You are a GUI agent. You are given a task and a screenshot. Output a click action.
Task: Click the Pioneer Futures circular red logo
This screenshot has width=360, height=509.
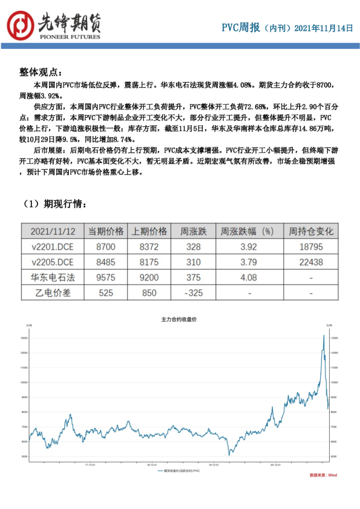21,24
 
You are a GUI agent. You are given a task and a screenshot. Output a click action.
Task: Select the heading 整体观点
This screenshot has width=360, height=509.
40,72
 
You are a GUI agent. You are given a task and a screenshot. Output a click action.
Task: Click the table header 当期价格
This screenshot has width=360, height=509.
106,232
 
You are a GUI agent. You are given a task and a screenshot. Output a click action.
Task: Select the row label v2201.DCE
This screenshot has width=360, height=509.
51,247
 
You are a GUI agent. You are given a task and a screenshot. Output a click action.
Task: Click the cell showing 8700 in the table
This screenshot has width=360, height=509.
106,247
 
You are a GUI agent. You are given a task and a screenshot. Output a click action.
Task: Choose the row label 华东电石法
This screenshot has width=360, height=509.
51,277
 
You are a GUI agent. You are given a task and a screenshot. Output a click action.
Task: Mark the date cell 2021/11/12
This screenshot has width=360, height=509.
51,232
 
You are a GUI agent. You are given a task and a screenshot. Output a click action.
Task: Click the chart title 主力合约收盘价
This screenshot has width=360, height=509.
180,319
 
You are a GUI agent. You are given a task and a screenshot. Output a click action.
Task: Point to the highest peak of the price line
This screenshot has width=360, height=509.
324,335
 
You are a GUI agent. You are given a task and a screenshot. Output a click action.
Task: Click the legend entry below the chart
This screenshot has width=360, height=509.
180,470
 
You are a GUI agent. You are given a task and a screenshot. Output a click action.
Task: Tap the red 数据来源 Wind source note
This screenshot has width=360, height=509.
323,476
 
